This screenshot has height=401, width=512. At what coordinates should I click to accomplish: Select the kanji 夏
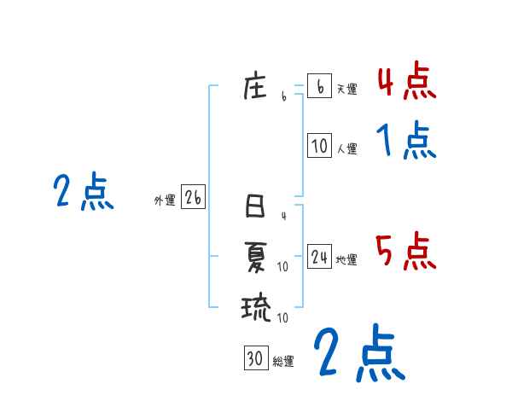[x=256, y=256]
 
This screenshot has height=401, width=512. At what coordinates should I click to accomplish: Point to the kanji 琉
[x=256, y=306]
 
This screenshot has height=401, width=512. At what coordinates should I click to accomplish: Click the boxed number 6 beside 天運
[x=319, y=86]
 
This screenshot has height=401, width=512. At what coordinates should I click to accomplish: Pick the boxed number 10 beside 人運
[x=319, y=146]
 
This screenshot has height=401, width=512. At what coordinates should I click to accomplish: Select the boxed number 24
[x=319, y=257]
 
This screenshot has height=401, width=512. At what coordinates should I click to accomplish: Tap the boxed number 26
[x=193, y=198]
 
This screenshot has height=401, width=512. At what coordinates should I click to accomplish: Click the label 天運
[x=346, y=89]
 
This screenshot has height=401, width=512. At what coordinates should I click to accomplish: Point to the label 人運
[x=346, y=148]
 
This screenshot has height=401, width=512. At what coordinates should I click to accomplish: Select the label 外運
[x=165, y=200]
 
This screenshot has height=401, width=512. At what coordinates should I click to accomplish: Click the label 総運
[x=283, y=361]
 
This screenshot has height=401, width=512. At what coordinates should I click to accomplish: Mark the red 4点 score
[x=405, y=83]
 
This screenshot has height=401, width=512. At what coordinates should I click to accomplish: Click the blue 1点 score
[x=405, y=140]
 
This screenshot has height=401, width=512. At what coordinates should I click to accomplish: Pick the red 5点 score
[x=405, y=252]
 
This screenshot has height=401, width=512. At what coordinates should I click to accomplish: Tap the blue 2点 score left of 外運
[x=83, y=192]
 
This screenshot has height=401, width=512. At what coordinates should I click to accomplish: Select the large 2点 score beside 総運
[x=358, y=353]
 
